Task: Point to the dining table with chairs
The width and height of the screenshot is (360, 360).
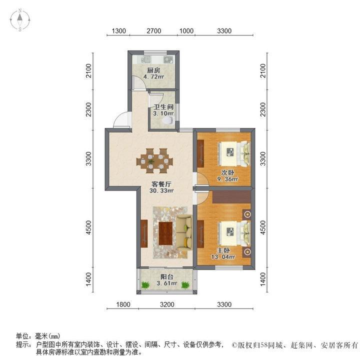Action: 154,161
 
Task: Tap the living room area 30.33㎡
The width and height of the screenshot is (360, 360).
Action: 161,190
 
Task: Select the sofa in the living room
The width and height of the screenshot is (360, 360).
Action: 183,233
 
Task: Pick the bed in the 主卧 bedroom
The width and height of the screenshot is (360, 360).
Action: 234,233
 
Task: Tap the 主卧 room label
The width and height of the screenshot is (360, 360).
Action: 223,250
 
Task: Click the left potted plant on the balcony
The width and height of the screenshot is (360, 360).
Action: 145,285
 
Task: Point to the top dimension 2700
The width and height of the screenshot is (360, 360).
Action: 153,31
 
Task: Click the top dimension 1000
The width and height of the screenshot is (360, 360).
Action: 186,31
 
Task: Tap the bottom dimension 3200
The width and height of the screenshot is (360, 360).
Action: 166,305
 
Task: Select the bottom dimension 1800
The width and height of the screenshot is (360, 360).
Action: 123,305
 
